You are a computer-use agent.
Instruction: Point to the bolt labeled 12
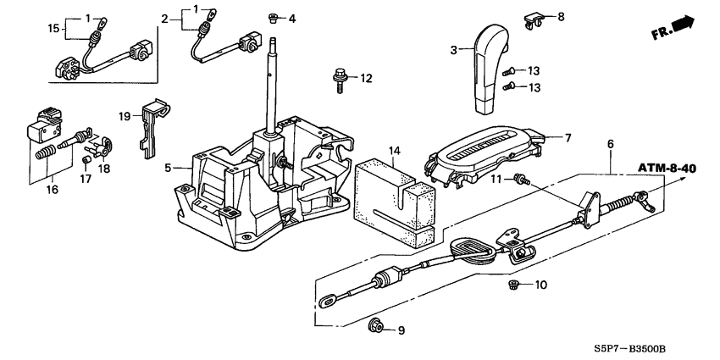pos(337,81)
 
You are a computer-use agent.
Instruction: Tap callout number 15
pos(53,30)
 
